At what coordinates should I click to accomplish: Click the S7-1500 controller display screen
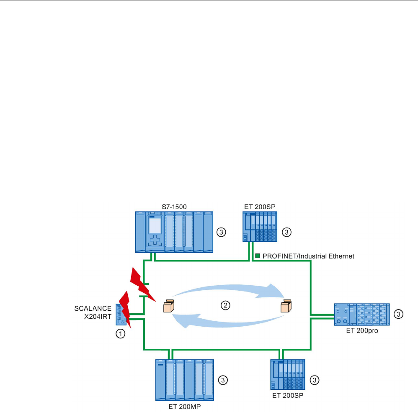155,226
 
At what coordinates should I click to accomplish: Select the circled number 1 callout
121,334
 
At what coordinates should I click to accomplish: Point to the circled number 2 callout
225,305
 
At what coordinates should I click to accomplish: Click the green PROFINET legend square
258,256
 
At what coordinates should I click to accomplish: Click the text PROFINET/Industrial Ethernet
308,256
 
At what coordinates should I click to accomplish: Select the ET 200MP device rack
184,379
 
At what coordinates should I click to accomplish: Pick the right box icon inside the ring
286,307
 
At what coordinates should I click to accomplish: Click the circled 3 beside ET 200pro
399,314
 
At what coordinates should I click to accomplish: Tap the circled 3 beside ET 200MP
224,380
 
